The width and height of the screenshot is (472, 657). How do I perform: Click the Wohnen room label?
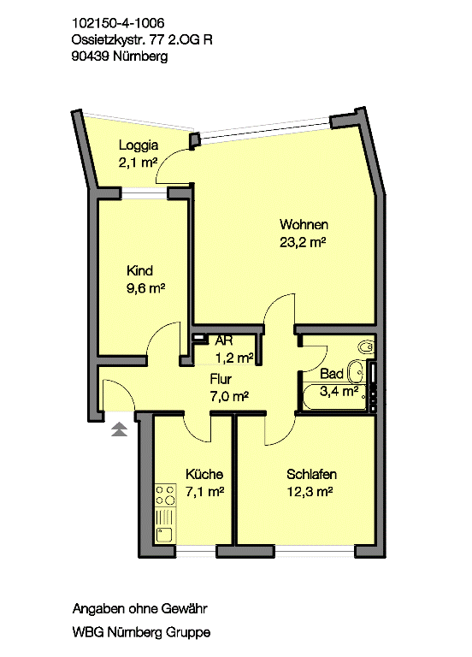click(304, 225)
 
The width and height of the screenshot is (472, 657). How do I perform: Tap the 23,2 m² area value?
click(303, 242)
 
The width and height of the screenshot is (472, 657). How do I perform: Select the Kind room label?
click(139, 270)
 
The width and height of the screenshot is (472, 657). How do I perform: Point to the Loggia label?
click(139, 145)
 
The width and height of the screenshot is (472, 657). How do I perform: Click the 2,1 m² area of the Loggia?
click(138, 163)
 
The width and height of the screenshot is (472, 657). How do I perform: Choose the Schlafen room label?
click(311, 474)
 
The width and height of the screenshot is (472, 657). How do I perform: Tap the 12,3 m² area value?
click(310, 492)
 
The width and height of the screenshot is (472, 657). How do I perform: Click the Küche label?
click(204, 474)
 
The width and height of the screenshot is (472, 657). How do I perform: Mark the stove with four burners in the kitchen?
click(165, 494)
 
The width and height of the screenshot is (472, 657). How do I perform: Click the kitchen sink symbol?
click(164, 534)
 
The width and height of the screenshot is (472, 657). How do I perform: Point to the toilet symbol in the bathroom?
click(367, 347)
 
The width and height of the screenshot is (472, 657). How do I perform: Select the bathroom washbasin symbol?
click(356, 371)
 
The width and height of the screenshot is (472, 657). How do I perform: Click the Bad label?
click(332, 374)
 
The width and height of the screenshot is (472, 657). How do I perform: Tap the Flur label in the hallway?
click(221, 379)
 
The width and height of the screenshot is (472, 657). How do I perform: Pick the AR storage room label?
click(224, 340)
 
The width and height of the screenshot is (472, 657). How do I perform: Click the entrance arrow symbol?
click(120, 429)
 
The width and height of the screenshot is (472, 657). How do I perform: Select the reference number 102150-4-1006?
click(118, 22)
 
